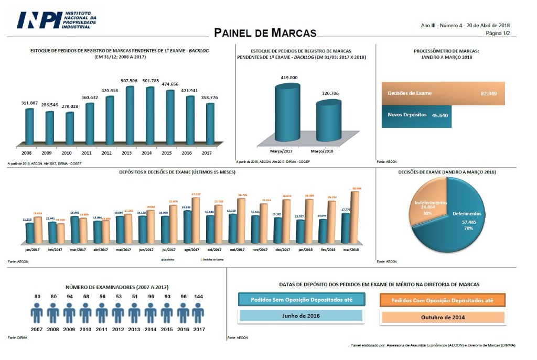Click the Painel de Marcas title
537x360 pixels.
tap(266, 32)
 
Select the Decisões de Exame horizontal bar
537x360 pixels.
tap(443, 93)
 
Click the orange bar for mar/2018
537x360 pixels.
tap(356, 217)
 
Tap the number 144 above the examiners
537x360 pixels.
tap(198, 297)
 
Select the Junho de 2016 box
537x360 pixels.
tap(300, 317)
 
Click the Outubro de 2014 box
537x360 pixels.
tap(442, 317)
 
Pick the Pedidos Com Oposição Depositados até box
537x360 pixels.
tap(442, 300)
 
